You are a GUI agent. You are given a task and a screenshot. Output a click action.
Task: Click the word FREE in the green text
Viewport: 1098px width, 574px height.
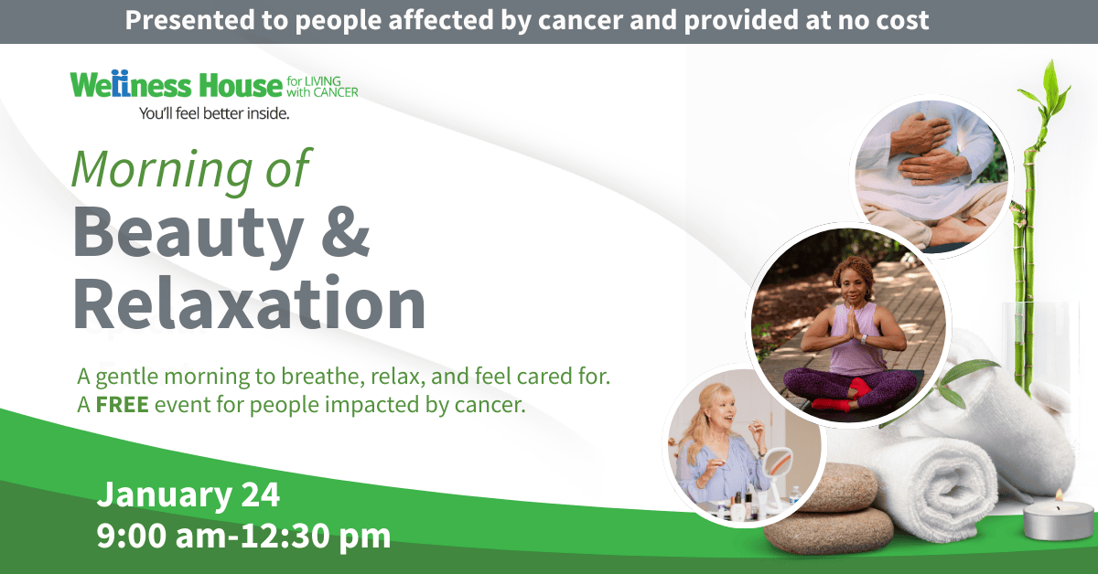pos(122,405)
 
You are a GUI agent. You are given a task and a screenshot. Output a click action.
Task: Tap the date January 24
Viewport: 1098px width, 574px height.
pos(188,494)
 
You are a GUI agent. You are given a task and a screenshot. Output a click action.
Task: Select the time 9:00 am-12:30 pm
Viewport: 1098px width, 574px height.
pos(243,537)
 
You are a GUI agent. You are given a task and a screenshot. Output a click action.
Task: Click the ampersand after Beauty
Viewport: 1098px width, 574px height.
pos(346,231)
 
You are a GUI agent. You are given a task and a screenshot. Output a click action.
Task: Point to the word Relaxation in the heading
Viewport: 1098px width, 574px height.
pos(249,303)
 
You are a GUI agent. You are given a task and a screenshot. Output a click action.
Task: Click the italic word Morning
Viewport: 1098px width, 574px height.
pos(162,169)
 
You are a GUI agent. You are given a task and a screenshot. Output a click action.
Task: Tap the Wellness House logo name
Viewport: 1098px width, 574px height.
pos(177,84)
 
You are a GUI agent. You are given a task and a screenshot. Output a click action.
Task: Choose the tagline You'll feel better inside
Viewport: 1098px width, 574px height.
pos(214,113)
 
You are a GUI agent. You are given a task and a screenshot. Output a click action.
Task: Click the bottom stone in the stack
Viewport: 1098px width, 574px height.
pos(828,531)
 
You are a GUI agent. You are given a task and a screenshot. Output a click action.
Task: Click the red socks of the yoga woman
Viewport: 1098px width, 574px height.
pos(844,396)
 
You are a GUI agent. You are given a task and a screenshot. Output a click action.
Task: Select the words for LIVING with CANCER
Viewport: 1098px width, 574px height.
pos(322,87)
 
